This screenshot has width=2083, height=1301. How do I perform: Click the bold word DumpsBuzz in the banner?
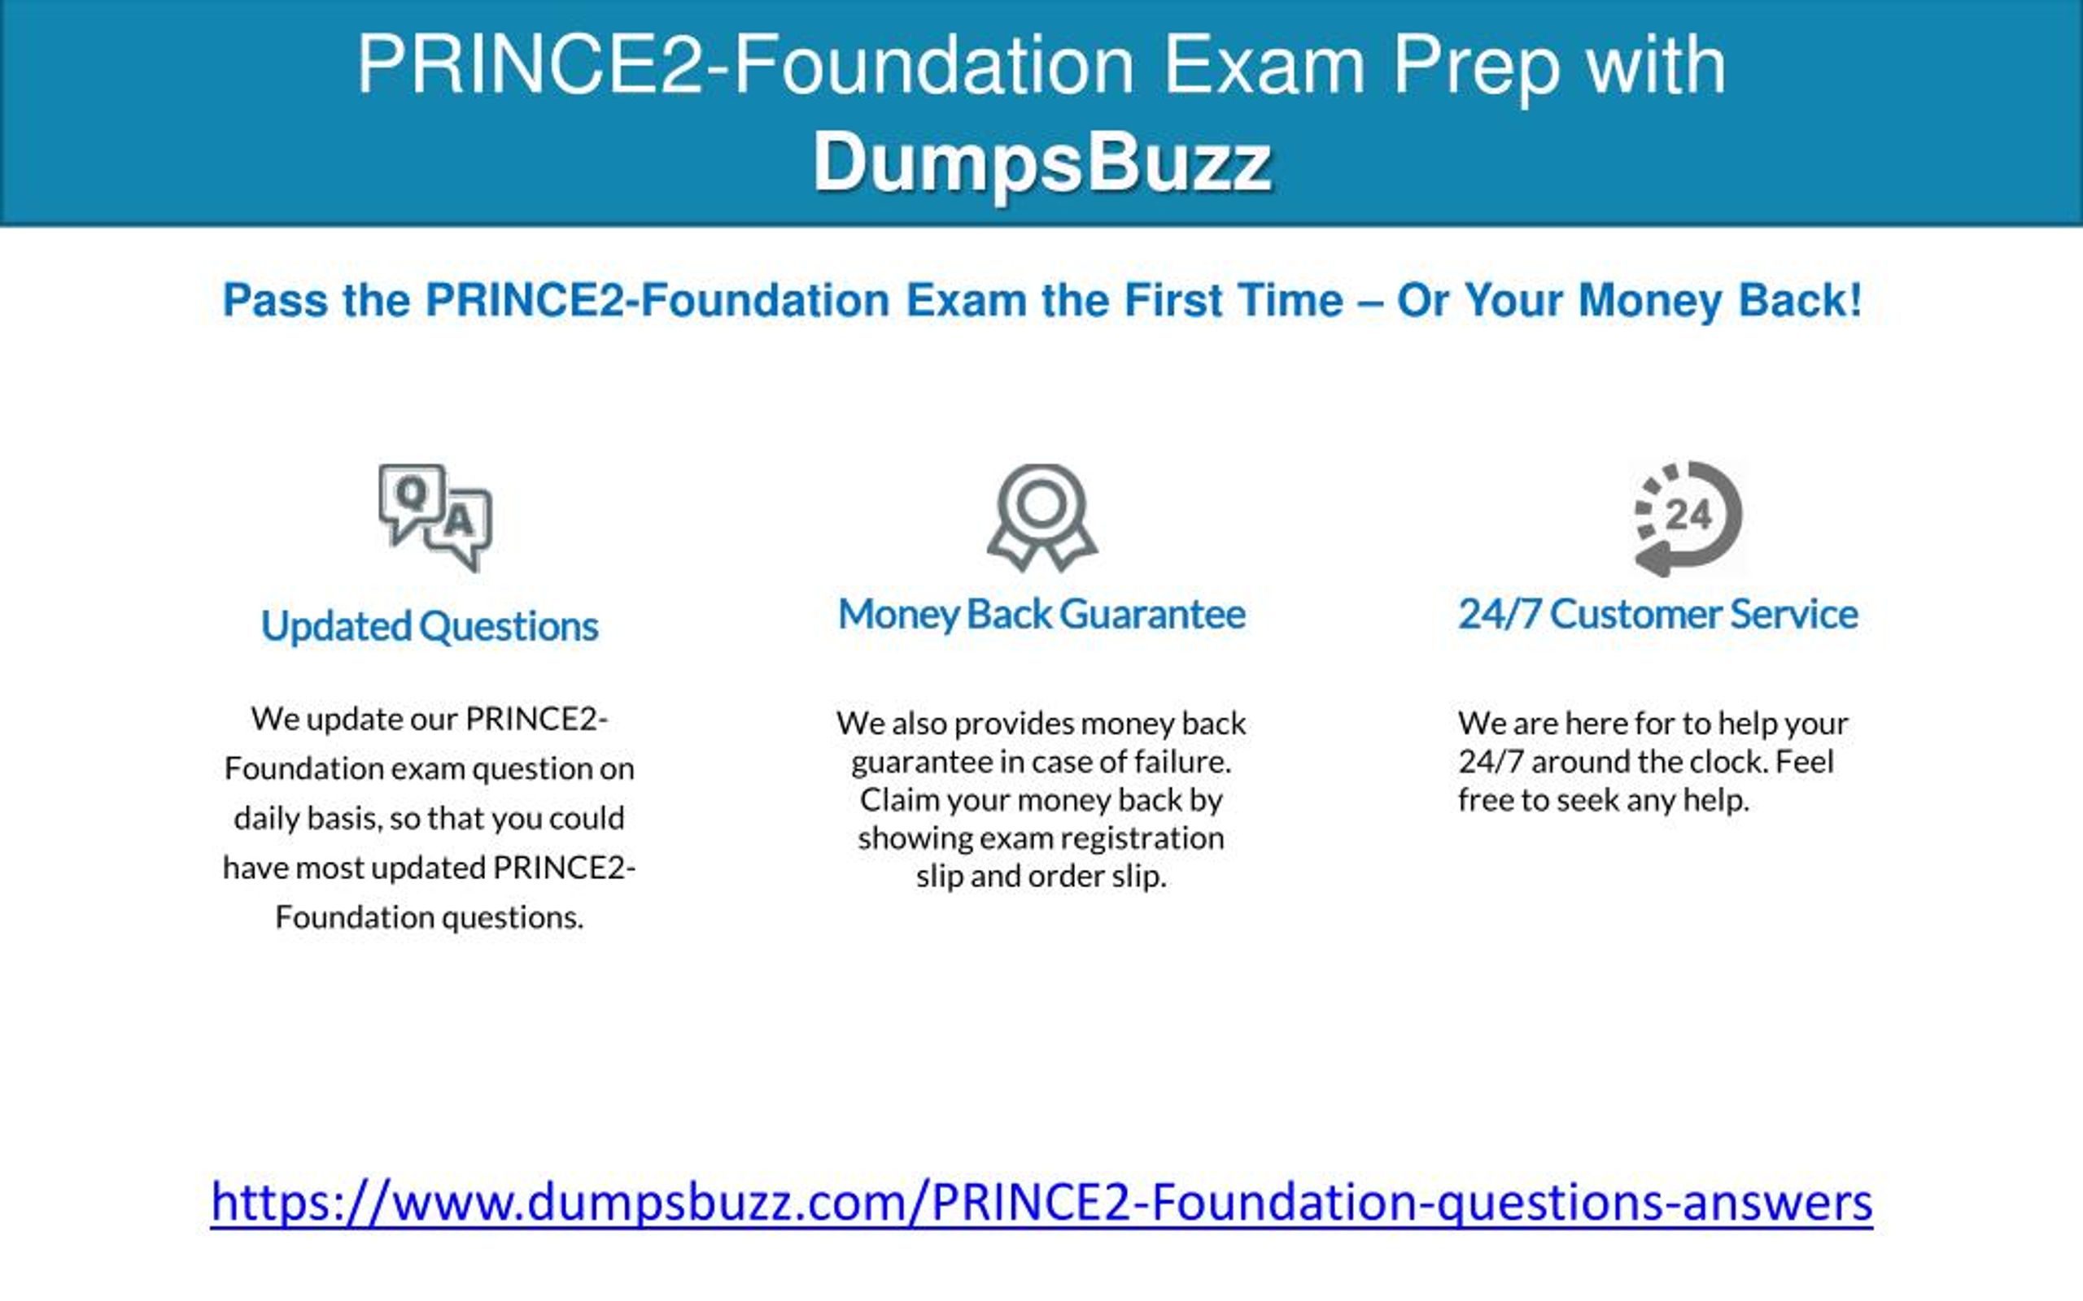(1041, 163)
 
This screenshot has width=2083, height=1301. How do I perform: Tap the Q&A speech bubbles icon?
(435, 518)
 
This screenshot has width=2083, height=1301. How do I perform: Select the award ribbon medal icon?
(1041, 518)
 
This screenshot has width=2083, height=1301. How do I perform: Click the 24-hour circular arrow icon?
(1688, 519)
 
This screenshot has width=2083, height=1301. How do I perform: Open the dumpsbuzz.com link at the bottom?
(1041, 1202)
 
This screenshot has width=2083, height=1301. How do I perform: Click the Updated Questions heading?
(430, 626)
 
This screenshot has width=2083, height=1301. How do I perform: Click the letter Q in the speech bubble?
(412, 493)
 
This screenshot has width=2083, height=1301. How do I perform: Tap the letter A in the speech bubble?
(460, 520)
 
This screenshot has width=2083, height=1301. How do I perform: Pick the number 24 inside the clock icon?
(1688, 516)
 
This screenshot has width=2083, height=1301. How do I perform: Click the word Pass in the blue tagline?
(274, 300)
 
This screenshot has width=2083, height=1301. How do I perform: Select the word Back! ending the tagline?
(1801, 300)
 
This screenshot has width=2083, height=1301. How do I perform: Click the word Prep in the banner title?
(1475, 67)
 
